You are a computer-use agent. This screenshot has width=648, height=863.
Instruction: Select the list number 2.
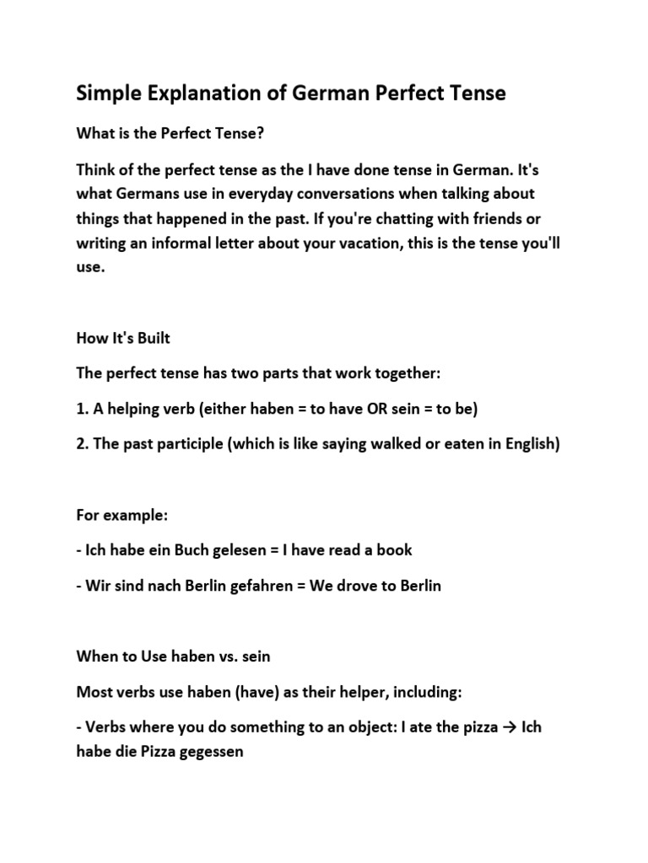(x=81, y=444)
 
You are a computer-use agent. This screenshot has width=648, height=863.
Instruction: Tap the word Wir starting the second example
(x=99, y=586)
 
